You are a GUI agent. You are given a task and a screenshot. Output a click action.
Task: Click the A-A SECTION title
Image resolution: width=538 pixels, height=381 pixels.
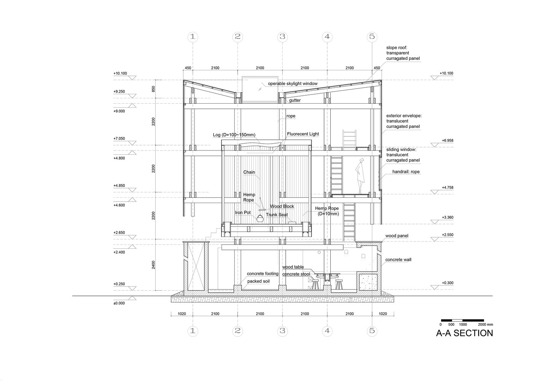464,333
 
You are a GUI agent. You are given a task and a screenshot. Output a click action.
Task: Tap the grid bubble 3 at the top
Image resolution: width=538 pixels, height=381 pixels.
282,37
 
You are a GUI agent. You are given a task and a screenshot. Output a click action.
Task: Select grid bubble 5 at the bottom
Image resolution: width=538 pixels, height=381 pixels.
372,331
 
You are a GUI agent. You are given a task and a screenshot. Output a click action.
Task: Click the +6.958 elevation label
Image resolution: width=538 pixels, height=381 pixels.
447,141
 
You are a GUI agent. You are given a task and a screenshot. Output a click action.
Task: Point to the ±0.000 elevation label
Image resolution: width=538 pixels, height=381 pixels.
119,303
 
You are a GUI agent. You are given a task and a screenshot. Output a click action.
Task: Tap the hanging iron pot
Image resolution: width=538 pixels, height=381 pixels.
260,218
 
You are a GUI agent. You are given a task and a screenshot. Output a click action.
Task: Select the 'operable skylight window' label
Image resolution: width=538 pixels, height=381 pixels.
293,83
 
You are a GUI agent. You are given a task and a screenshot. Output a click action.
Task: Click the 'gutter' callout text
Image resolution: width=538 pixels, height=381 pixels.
295,100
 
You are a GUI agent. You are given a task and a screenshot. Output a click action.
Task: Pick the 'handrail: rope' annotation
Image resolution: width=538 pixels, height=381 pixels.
406,171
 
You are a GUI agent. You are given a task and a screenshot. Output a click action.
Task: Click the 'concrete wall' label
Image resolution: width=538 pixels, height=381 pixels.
398,259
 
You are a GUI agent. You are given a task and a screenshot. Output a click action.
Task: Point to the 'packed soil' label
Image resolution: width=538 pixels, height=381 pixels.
258,281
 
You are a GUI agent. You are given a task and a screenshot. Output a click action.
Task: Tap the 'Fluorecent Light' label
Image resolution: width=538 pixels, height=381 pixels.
303,134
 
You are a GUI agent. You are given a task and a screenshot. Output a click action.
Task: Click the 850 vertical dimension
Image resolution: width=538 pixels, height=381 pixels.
153,89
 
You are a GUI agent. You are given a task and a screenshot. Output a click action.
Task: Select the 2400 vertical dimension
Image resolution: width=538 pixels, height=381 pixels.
153,265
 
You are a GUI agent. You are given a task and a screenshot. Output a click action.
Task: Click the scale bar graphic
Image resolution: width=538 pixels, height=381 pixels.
462,320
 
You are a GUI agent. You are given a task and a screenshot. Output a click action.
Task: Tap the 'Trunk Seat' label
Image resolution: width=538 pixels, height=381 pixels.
277,215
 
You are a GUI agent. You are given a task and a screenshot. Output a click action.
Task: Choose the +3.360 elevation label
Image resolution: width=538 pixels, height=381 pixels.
447,217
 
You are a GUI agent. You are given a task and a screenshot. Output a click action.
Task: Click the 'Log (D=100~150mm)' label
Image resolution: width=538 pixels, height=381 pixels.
234,135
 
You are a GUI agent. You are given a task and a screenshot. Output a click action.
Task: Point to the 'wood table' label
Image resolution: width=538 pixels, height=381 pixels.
293,267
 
